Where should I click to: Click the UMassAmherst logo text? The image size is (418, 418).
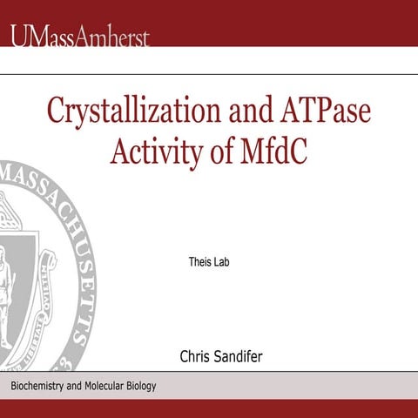click(x=80, y=37)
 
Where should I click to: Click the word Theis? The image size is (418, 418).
click(x=200, y=261)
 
